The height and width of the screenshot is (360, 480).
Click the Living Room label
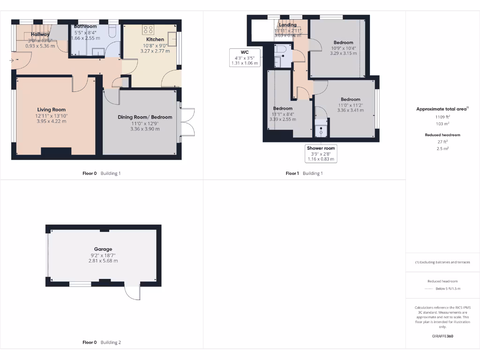pos(52,110)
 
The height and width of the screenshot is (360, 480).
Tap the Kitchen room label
pos(155,39)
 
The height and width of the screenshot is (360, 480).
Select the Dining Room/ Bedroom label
pos(145,117)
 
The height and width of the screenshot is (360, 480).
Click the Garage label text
pos(103,249)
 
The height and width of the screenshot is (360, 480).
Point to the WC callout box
pos(245,57)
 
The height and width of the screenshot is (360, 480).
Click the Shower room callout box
pos(321,153)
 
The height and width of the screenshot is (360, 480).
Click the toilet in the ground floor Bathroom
pos(112,31)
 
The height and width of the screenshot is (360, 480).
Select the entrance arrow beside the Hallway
pos(11,60)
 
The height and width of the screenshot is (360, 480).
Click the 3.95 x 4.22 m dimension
pos(52,121)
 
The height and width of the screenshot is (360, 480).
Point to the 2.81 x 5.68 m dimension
pos(103,261)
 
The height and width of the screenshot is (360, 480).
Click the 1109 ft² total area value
pos(442,117)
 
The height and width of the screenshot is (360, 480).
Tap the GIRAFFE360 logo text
pos(442,336)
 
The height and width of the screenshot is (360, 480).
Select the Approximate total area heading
pos(442,109)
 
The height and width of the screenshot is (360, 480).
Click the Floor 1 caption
pos(292,173)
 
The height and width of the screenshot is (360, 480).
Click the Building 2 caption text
pos(110,342)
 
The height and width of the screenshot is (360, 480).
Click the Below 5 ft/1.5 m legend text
pos(448,289)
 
